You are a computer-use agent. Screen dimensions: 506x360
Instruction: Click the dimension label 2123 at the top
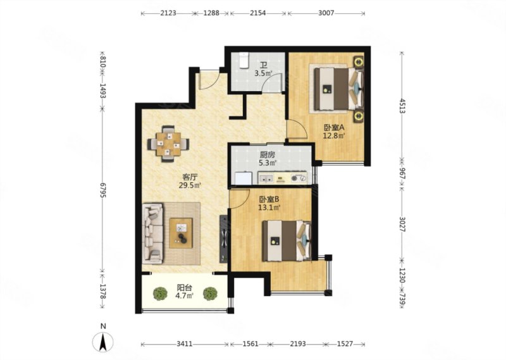pos(168,13)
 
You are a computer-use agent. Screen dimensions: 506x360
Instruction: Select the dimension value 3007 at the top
pos(326,13)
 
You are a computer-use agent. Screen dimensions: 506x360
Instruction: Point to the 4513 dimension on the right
pos(402,106)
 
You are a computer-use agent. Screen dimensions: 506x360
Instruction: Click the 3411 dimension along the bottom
pos(185,344)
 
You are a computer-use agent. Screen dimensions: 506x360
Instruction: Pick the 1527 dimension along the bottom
pos(345,344)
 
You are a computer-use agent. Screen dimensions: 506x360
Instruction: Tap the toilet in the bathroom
pos(244,60)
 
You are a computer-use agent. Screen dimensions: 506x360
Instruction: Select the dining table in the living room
pos(168,144)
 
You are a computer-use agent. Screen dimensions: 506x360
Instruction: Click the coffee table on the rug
pos(181,233)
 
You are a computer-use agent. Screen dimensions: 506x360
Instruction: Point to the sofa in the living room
pos(152,233)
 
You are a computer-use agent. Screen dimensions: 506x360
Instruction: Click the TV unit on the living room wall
pos(224,239)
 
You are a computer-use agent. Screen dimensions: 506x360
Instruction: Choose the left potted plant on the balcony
pos(161,294)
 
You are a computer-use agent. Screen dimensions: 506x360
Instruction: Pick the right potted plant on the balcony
pos(210,294)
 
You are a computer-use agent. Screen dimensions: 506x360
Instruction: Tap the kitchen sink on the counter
pos(266,178)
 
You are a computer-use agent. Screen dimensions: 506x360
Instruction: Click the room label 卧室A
pos(335,128)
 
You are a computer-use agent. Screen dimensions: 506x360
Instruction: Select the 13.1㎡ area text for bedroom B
pos(269,208)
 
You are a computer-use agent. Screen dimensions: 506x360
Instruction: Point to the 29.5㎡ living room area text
pos(190,185)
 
